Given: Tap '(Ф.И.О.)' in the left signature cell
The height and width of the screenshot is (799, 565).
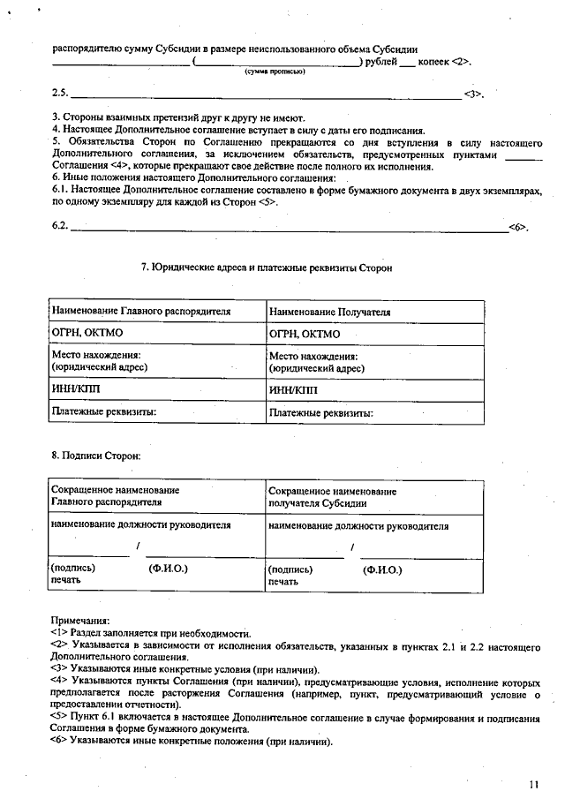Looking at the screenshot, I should point(169,569).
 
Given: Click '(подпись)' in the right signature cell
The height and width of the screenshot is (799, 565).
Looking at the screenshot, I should point(290,570).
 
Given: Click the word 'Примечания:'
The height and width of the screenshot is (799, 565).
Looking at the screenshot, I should point(80,621).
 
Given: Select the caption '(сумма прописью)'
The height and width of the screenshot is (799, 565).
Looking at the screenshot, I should point(275,72).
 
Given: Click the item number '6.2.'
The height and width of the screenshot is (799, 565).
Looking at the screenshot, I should point(60,227).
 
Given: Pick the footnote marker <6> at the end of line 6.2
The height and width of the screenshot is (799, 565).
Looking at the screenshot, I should point(517,228).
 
